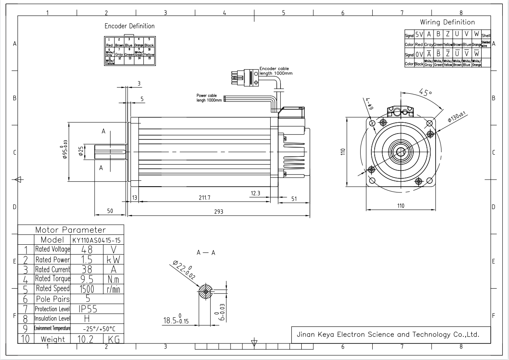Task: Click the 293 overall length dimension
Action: (x=218, y=212)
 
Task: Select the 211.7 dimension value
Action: (x=204, y=198)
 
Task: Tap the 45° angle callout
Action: (x=425, y=92)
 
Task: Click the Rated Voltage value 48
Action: (x=87, y=249)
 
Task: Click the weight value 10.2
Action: (x=87, y=339)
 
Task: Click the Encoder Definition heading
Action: (x=129, y=26)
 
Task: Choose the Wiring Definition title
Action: (x=447, y=22)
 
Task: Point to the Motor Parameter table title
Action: (x=70, y=230)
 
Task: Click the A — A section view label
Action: (x=206, y=252)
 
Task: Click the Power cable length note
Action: (x=206, y=98)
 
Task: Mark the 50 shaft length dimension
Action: (x=110, y=211)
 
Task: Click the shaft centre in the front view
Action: (x=401, y=152)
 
